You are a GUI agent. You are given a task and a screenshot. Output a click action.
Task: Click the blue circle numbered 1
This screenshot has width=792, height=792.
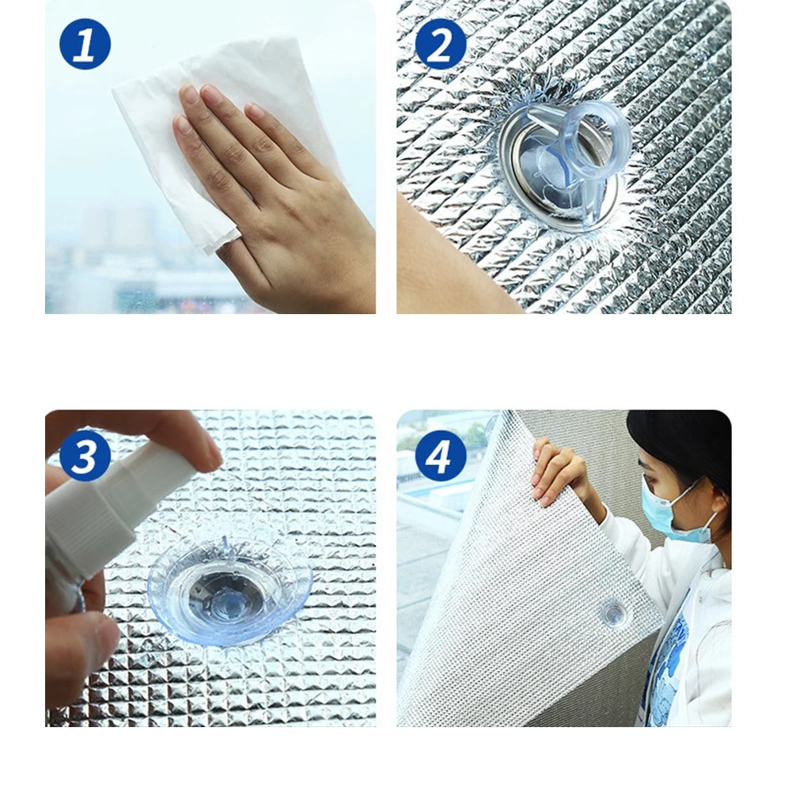click(x=85, y=44)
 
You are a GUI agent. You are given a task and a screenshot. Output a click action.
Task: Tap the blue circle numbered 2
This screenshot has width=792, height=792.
click(x=441, y=44)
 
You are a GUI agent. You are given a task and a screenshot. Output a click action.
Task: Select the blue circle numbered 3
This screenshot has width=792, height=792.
click(x=85, y=456)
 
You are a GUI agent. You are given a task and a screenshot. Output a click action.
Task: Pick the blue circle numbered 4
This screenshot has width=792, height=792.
click(x=441, y=456)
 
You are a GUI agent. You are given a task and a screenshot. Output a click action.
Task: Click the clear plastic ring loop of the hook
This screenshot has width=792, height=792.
click(x=598, y=139)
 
